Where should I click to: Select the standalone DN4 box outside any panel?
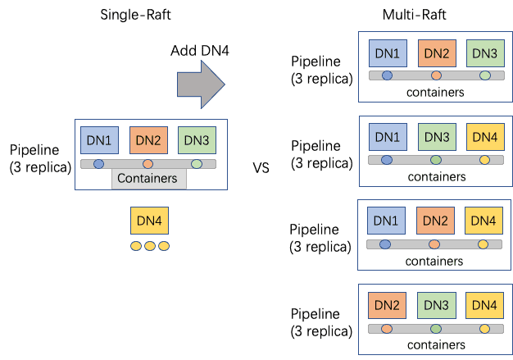click(x=149, y=221)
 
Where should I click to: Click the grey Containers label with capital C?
click(x=149, y=179)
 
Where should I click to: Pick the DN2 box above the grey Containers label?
click(x=148, y=140)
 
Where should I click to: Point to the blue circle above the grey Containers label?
click(x=99, y=164)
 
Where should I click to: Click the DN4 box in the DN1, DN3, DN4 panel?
click(x=483, y=137)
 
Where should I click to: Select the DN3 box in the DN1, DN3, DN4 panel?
click(x=435, y=137)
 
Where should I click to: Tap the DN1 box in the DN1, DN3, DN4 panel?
click(x=387, y=137)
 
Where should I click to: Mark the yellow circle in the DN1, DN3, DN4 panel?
click(x=483, y=159)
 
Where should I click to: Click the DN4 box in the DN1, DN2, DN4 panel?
click(x=483, y=221)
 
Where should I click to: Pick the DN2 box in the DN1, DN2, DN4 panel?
click(x=435, y=221)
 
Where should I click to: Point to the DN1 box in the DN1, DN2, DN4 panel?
click(x=387, y=221)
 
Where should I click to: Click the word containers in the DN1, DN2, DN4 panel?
click(x=435, y=262)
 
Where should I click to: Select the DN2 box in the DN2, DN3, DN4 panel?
click(x=387, y=306)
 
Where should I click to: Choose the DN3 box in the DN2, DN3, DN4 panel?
click(x=435, y=306)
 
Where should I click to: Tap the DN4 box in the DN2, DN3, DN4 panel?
click(x=483, y=306)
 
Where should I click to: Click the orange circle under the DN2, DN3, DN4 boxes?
click(x=387, y=329)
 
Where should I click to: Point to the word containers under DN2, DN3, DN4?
click(x=435, y=345)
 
